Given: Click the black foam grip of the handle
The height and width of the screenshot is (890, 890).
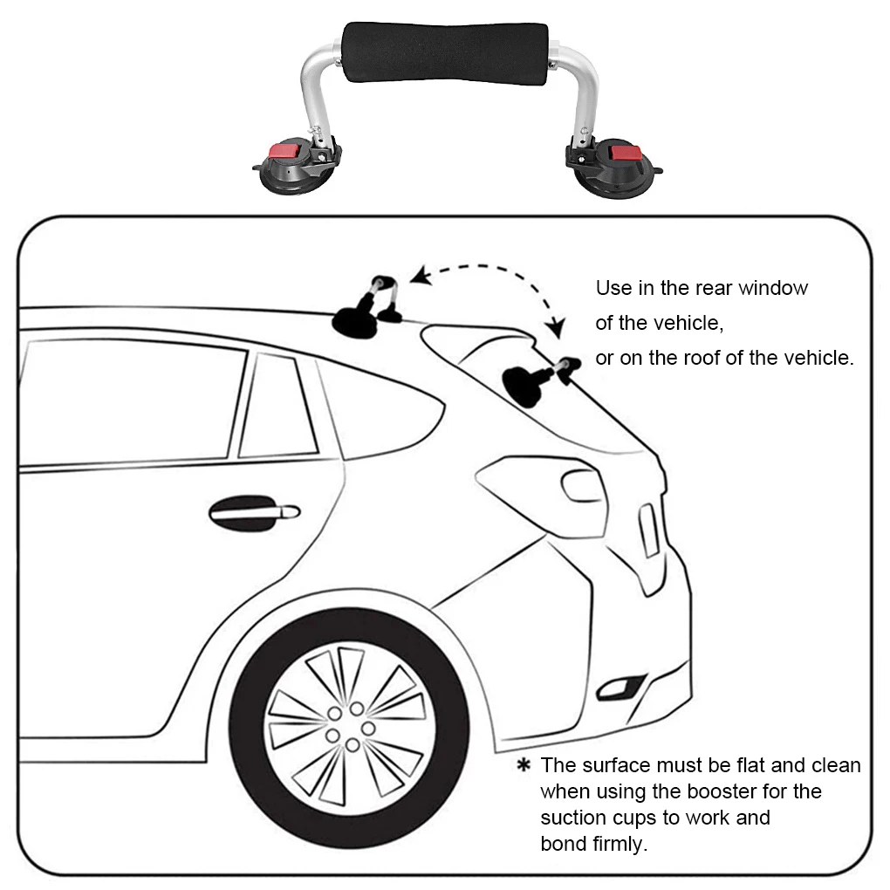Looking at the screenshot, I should tap(445, 52).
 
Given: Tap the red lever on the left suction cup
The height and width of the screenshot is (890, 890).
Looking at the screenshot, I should tap(285, 151).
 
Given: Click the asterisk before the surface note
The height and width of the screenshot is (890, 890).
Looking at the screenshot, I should tap(524, 766).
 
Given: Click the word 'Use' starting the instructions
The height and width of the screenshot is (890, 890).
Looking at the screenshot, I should tap(613, 288).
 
